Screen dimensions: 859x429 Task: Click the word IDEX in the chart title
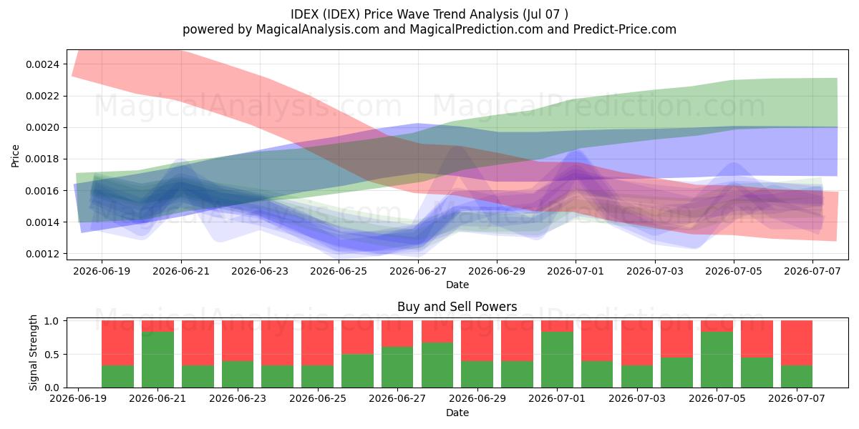pos(304,14)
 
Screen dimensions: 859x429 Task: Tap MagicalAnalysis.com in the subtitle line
pos(318,29)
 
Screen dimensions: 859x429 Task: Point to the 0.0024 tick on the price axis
pos(42,64)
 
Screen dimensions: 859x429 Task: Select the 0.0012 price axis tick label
pos(42,254)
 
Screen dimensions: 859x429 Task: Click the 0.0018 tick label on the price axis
pos(42,159)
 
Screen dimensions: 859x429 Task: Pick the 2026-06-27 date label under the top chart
pos(418,271)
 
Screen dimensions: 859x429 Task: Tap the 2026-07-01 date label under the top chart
pos(576,271)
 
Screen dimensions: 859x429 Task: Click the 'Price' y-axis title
pos(15,156)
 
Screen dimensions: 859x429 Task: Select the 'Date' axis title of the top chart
pos(457,285)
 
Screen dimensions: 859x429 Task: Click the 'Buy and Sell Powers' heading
pos(457,307)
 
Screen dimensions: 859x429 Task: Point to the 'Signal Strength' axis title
pos(34,352)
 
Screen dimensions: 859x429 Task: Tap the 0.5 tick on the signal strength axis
pos(52,355)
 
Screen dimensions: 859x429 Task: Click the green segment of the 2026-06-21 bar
pos(157,360)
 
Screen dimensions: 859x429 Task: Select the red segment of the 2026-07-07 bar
pos(797,342)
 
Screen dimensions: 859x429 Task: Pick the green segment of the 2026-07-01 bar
pos(557,360)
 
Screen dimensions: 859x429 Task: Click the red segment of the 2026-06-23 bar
pos(238,340)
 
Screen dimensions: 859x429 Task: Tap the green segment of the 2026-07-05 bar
pos(717,360)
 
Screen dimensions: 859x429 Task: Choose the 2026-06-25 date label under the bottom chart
pos(318,398)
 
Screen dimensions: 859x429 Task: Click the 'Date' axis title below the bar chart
pos(457,413)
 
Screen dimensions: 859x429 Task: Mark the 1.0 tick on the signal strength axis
pos(52,321)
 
